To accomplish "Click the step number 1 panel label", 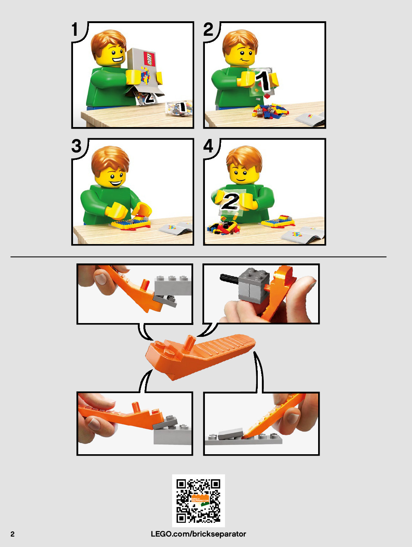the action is [x=75, y=29].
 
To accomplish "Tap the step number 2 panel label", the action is [x=209, y=29].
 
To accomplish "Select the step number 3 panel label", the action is [x=76, y=146].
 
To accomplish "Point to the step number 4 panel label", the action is [x=208, y=146].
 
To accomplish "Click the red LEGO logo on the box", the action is [x=149, y=59].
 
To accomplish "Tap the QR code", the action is [x=199, y=501].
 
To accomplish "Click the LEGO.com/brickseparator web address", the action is [x=198, y=534].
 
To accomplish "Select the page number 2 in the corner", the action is [x=12, y=534].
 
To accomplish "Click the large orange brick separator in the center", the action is [x=199, y=356].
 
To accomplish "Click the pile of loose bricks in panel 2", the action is [x=270, y=111].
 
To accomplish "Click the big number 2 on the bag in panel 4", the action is [x=231, y=201].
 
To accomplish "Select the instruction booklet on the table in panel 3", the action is [x=175, y=228].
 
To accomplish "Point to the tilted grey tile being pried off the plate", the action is [x=231, y=434].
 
